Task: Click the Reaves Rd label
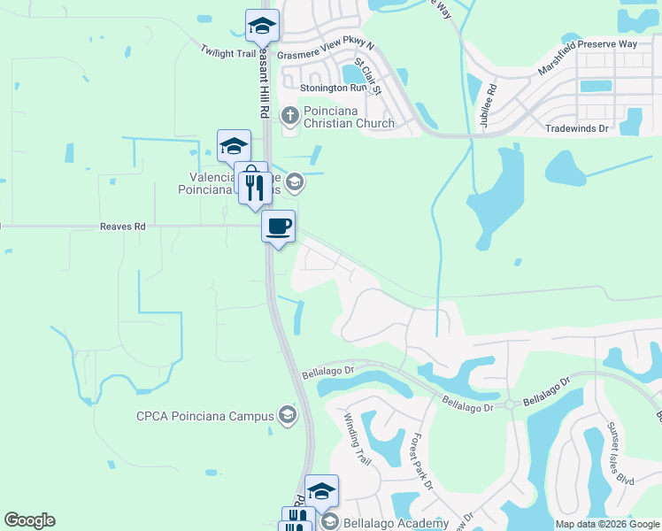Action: pos(122,227)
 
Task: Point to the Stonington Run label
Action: pos(333,88)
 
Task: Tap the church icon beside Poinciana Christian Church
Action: pos(289,114)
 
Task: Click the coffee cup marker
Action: pos(278,227)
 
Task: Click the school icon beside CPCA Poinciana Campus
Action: pos(287,414)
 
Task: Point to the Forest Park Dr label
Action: pos(421,460)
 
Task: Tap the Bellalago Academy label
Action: pos(396,523)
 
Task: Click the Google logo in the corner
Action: pos(29,520)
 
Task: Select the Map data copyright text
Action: pos(606,524)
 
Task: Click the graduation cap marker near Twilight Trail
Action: pos(262,27)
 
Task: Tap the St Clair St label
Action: pos(368,76)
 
